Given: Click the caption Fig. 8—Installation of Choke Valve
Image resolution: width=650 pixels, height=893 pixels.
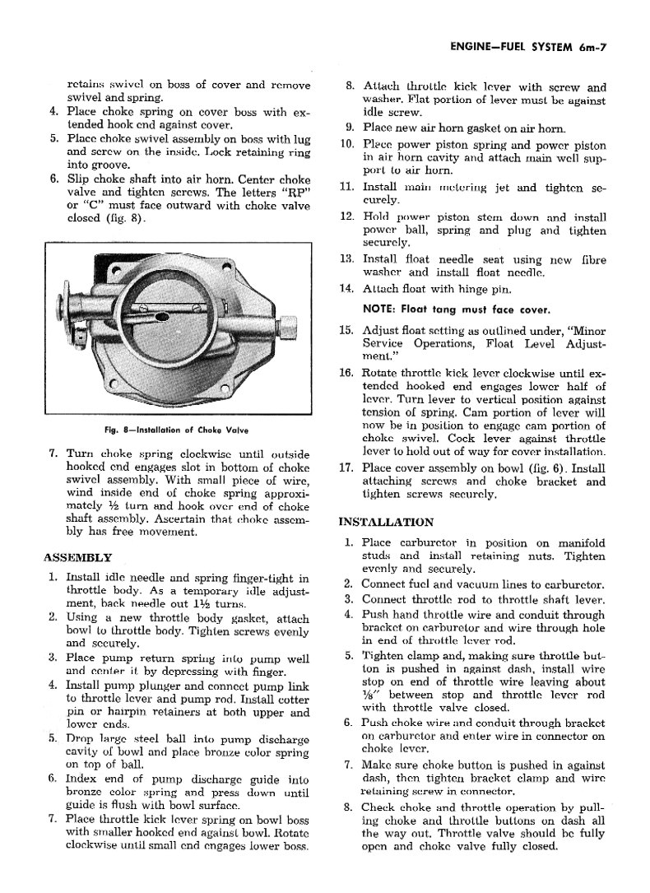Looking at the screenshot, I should pyautogui.click(x=178, y=430).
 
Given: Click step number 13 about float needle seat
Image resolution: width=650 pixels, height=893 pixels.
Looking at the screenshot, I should pyautogui.click(x=346, y=258).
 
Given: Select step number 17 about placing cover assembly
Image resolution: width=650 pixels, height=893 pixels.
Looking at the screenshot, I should pyautogui.click(x=346, y=468).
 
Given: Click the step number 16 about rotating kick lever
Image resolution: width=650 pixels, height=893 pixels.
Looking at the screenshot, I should pyautogui.click(x=346, y=373).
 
